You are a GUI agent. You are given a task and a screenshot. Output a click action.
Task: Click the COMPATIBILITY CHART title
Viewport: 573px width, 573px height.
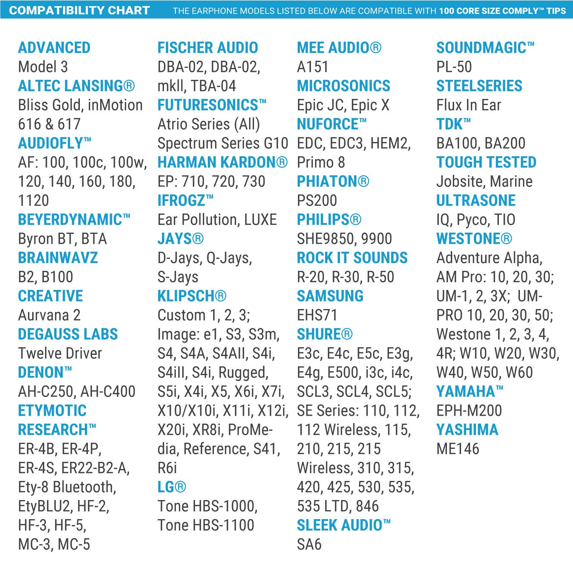point(79,10)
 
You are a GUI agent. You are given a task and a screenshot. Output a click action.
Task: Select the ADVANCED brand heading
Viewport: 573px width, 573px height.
point(54,48)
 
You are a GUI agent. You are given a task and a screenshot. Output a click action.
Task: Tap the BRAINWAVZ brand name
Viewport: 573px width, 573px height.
point(58,258)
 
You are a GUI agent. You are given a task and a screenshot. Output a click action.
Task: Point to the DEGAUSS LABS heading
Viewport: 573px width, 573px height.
point(68,334)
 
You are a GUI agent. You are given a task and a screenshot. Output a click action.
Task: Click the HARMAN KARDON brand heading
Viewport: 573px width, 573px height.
point(222,162)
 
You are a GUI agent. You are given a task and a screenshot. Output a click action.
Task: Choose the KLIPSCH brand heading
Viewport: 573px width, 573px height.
point(192,296)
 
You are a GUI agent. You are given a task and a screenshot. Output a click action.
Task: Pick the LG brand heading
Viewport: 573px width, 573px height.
point(172,487)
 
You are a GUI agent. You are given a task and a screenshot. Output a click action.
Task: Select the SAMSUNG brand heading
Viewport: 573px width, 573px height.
point(330,296)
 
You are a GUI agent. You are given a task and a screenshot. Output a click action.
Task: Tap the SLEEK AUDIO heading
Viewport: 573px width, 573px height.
point(343,525)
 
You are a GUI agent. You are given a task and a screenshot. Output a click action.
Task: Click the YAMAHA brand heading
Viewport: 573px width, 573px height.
point(469,392)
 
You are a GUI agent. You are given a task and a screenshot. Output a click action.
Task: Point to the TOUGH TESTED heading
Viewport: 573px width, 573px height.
point(486,162)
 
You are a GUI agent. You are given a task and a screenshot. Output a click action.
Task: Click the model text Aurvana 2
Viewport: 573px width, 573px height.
point(49,315)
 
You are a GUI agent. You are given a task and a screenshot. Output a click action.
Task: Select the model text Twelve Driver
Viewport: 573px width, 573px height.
point(60,353)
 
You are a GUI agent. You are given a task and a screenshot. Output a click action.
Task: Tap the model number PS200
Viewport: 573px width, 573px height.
point(317,201)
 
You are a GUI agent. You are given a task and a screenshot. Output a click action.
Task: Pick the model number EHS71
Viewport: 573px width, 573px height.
point(317,315)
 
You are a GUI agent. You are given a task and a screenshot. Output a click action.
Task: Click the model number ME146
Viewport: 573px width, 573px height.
point(458,449)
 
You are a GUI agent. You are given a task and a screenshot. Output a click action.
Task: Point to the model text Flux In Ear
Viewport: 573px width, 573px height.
point(469,105)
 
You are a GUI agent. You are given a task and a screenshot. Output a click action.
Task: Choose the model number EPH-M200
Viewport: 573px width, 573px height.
point(469,411)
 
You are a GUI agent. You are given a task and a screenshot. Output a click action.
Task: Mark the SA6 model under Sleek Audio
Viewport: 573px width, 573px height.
point(309,544)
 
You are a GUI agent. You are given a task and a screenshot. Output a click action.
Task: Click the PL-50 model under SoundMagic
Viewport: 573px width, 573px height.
point(454,67)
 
